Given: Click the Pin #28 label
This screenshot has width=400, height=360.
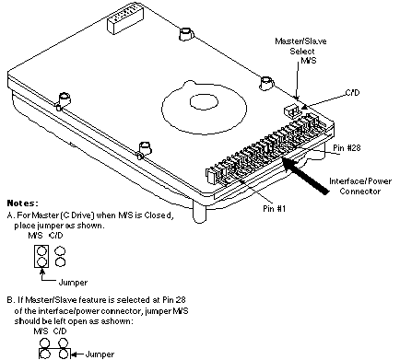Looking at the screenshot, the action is click(347, 148).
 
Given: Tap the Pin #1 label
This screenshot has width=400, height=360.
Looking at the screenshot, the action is click(275, 209).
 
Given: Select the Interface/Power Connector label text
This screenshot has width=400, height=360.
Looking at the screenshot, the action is click(360, 186).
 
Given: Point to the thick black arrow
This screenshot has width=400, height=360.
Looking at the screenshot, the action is click(305, 175).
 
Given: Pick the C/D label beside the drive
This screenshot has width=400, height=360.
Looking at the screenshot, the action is click(352, 93).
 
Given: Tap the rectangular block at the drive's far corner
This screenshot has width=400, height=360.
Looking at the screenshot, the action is click(125, 18).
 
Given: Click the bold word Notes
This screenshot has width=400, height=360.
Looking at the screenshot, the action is click(23, 203).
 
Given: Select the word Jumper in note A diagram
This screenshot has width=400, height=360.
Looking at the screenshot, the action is click(73, 283).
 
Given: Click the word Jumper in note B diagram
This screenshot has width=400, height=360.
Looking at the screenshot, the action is click(100, 354).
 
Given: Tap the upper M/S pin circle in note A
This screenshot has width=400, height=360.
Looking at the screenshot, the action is click(41, 251).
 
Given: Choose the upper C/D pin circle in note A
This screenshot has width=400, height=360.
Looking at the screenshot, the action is click(60, 251).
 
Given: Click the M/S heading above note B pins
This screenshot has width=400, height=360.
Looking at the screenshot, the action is click(41, 331).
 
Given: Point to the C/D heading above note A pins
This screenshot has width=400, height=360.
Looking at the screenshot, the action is click(55, 236).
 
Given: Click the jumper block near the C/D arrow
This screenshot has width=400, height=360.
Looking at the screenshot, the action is click(291, 110).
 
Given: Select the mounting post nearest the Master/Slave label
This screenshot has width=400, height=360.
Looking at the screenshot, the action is click(266, 84).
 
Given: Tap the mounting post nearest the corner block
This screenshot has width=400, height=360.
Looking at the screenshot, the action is click(186, 34).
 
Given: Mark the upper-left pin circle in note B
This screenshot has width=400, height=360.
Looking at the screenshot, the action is click(45, 343).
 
